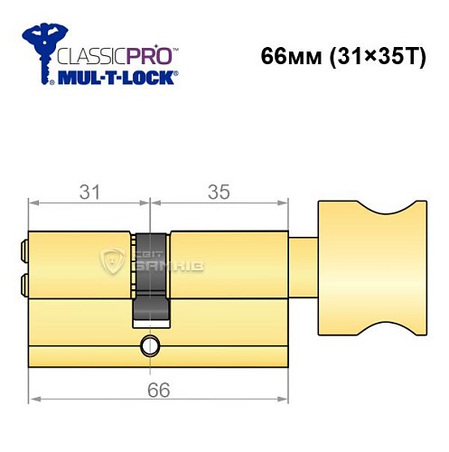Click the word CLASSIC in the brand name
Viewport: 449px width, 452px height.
(x=88, y=54)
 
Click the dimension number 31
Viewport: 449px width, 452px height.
(x=87, y=192)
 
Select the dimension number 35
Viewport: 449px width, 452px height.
(x=219, y=192)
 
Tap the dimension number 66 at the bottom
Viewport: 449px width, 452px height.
(x=156, y=390)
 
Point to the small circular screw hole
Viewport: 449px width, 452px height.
(x=150, y=344)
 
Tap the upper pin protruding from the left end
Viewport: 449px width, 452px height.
(x=22, y=246)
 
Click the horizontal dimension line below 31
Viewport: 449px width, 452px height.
(x=87, y=206)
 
